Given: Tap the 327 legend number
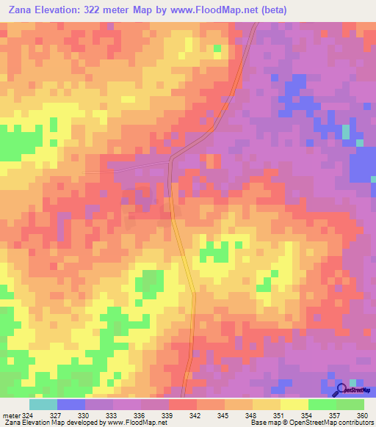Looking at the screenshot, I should tap(56, 415).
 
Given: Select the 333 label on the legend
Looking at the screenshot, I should tap(112, 415).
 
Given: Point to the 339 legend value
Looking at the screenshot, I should tap(167, 415).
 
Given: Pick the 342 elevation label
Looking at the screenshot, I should tap(195, 415).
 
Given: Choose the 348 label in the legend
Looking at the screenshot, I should tap(251, 415).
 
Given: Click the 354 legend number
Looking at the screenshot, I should tap(307, 415).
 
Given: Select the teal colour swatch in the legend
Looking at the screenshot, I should tap(43, 404).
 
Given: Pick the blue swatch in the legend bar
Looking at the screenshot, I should tap(71, 404).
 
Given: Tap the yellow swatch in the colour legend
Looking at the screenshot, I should tap(294, 404).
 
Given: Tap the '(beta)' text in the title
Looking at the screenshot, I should tap(272, 10).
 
